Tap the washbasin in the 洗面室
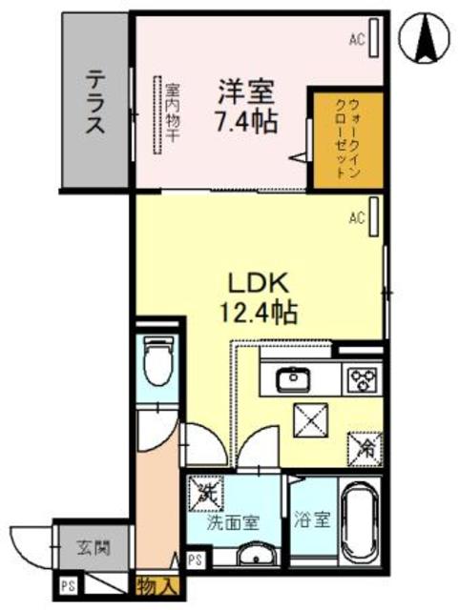coord(253,557)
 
